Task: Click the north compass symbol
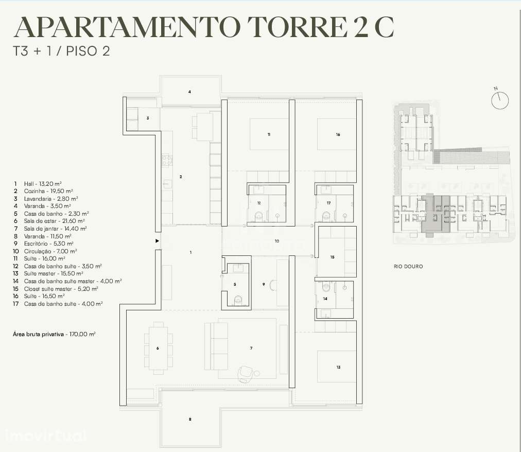[499, 100]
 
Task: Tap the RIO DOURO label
[408, 267]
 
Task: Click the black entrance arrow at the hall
[157, 240]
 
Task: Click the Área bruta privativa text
[54, 334]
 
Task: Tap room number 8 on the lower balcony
[190, 420]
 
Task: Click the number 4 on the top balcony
[189, 92]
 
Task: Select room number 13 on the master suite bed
[338, 368]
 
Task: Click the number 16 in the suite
[338, 134]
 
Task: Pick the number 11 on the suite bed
[269, 134]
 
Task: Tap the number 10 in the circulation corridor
[276, 241]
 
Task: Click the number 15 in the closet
[332, 256]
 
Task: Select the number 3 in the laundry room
[148, 118]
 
